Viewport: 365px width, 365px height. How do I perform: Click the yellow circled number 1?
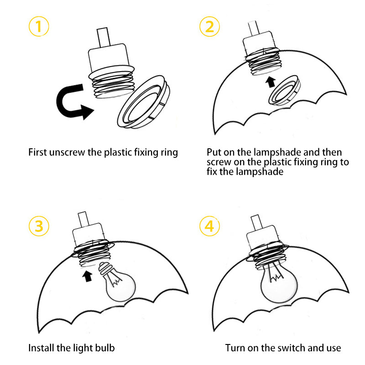[39, 26]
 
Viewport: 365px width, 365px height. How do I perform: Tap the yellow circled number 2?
[209, 26]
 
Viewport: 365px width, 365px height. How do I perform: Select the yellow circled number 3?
[39, 226]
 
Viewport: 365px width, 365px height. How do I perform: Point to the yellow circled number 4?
[209, 226]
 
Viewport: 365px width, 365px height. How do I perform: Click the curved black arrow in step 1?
[61, 102]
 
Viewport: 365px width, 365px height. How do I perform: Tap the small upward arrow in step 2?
[271, 82]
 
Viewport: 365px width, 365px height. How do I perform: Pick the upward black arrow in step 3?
[87, 276]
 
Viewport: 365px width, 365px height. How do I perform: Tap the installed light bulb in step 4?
[279, 283]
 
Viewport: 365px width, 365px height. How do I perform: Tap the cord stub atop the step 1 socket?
[104, 37]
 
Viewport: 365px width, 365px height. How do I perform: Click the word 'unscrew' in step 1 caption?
[67, 152]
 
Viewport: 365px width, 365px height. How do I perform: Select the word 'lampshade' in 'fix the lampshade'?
[260, 172]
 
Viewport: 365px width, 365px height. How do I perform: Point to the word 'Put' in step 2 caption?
[214, 152]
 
